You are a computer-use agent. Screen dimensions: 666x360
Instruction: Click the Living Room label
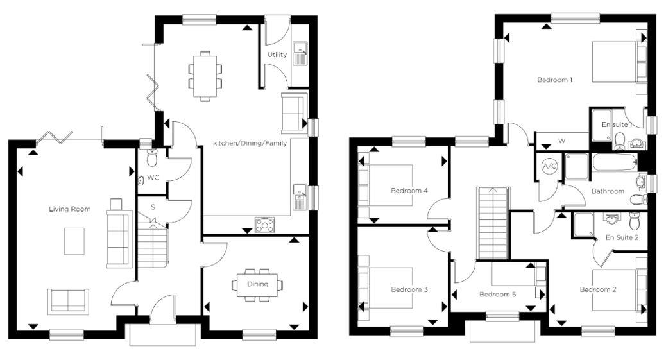pyautogui.click(x=70, y=209)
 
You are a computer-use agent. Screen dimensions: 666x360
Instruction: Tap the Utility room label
pyautogui.click(x=277, y=55)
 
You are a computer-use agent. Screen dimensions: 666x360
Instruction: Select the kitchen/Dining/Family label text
pyautogui.click(x=250, y=143)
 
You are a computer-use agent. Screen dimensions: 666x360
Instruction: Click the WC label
pyautogui.click(x=153, y=177)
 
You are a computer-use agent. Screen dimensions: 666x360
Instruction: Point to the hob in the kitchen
pyautogui.click(x=264, y=225)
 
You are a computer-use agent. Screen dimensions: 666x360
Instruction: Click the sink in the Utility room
pyautogui.click(x=300, y=53)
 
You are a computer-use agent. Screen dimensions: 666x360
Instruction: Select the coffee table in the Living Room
pyautogui.click(x=74, y=241)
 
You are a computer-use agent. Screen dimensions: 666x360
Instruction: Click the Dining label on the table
pyautogui.click(x=258, y=284)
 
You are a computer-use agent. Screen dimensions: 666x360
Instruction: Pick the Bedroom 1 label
pyautogui.click(x=555, y=80)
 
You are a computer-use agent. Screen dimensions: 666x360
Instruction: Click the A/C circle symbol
pyautogui.click(x=550, y=166)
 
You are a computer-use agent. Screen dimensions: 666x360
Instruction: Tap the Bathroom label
pyautogui.click(x=608, y=191)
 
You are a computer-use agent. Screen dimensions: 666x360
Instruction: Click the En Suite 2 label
pyautogui.click(x=622, y=237)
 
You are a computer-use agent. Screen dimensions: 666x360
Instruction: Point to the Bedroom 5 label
pyautogui.click(x=498, y=294)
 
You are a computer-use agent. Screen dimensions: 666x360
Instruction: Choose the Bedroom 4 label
pyautogui.click(x=409, y=191)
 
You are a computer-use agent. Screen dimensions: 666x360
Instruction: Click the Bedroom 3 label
pyautogui.click(x=409, y=289)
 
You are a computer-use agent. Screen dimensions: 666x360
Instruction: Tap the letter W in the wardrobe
pyautogui.click(x=561, y=141)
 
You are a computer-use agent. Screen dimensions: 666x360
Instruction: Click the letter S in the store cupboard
pyautogui.click(x=153, y=207)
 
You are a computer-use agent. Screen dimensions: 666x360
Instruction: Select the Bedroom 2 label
pyautogui.click(x=598, y=289)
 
